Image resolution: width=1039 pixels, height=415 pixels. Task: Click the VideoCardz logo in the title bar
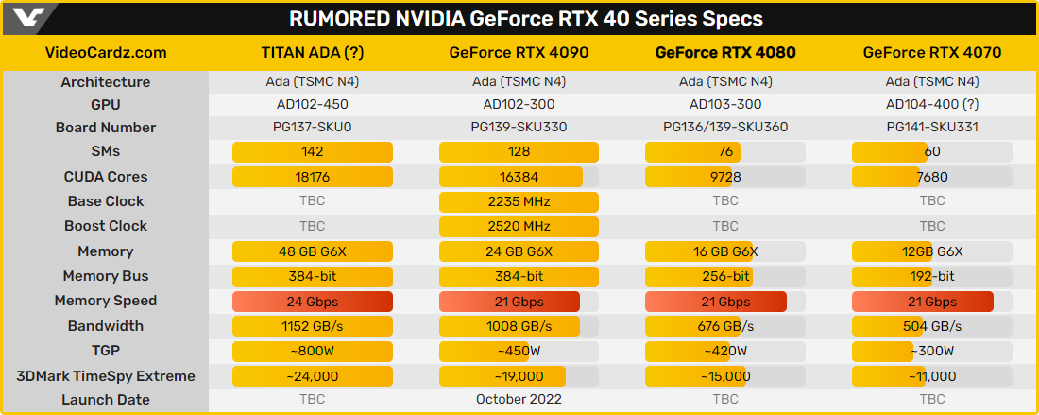(x=25, y=17)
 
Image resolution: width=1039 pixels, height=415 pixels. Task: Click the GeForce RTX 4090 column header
(x=519, y=53)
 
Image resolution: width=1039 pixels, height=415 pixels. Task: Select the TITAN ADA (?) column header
(x=312, y=53)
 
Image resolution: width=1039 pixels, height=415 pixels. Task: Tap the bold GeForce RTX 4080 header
(x=725, y=53)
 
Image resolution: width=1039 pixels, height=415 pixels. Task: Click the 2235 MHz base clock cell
(x=519, y=201)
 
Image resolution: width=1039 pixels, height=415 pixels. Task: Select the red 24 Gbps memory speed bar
(x=312, y=302)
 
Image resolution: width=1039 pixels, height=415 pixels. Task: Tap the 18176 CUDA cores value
(x=312, y=177)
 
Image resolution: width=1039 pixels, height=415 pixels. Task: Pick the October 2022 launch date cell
(x=519, y=400)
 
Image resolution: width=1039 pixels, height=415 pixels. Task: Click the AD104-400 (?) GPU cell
(x=932, y=104)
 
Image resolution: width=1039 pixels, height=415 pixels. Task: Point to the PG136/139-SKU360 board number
(x=725, y=128)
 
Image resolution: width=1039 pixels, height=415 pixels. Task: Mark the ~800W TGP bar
(x=312, y=352)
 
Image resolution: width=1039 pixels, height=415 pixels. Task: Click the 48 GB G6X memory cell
(x=312, y=251)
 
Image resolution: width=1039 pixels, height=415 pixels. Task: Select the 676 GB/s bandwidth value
(x=725, y=326)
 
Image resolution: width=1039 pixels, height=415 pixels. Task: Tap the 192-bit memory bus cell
(x=932, y=276)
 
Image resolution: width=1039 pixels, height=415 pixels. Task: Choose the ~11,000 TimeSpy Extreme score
(x=932, y=376)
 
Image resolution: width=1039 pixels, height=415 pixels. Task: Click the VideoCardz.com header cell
(x=106, y=53)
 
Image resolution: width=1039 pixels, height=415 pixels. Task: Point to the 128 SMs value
(x=519, y=151)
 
